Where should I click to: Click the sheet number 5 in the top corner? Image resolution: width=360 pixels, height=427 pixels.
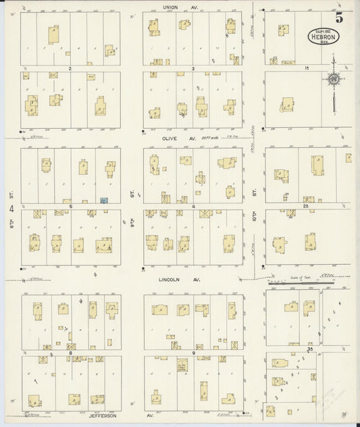click(x=338, y=18)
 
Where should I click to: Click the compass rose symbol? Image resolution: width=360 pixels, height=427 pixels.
click(x=333, y=80)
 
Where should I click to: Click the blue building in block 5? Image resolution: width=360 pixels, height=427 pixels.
click(x=104, y=201)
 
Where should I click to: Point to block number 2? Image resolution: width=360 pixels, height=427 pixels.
click(x=70, y=68)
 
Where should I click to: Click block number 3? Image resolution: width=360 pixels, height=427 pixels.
click(x=193, y=68)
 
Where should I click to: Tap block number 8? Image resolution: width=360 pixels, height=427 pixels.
click(x=70, y=353)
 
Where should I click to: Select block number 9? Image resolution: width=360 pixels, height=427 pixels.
click(x=193, y=353)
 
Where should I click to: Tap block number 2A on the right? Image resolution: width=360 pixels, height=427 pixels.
click(x=306, y=205)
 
